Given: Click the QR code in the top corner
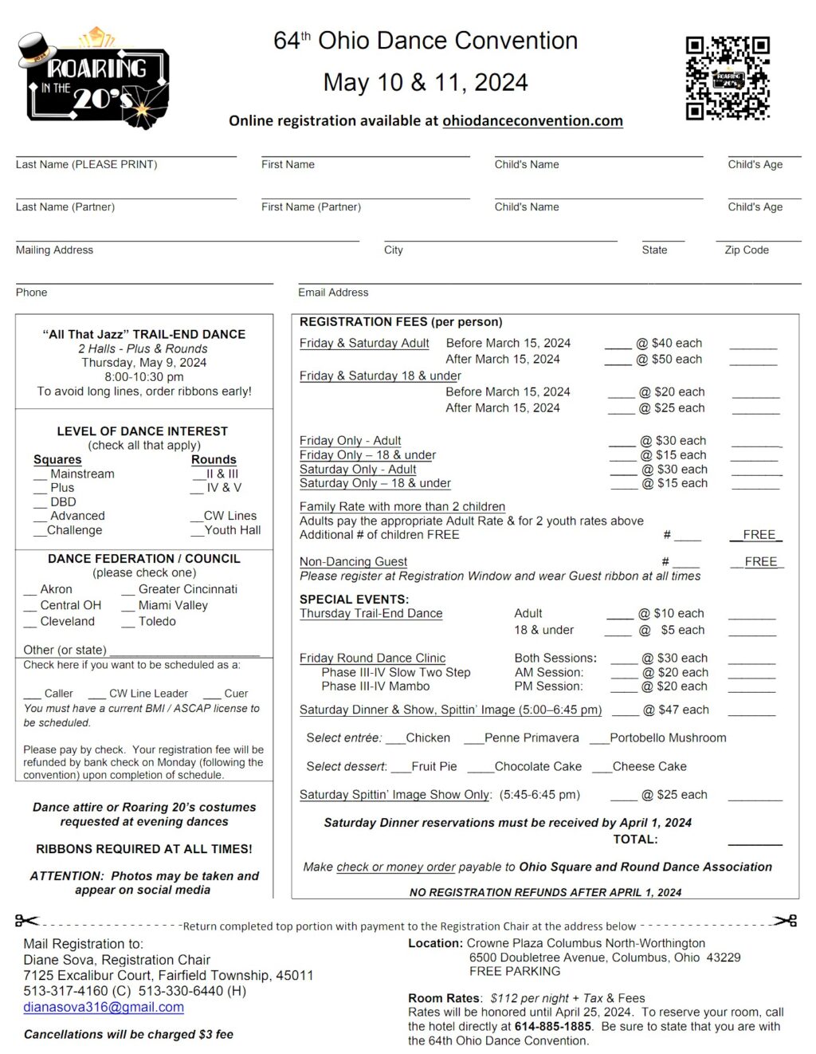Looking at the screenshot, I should tap(728, 78).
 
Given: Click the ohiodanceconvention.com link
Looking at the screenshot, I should tap(532, 121).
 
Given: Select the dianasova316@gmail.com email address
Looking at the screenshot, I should tap(104, 1007).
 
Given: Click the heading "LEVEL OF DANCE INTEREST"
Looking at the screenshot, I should tap(143, 431).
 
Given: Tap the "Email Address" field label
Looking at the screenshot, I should tap(333, 293).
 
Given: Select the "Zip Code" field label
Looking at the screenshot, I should tap(747, 250).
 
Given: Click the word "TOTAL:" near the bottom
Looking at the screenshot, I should tap(635, 839).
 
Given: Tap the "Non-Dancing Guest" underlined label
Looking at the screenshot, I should tap(353, 562).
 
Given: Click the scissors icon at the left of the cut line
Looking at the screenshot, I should tap(26, 921).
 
